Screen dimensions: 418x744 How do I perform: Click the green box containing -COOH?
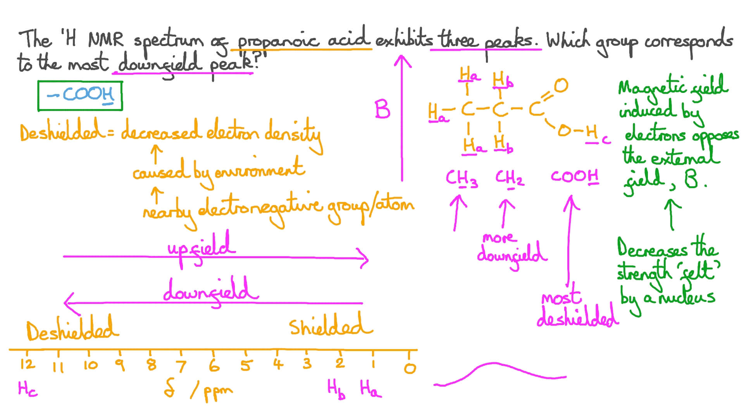[80, 96]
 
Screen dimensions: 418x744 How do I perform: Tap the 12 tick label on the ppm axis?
[27, 364]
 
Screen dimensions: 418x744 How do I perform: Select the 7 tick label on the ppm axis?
[181, 366]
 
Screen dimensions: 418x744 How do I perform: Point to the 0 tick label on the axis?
[410, 368]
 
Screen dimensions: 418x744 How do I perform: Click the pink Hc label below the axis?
[28, 389]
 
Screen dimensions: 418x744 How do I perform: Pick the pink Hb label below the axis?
[336, 388]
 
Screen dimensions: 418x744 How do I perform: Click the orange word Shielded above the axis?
[330, 326]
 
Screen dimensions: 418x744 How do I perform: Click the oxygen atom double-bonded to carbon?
[561, 86]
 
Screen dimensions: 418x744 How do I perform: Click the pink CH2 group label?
[509, 178]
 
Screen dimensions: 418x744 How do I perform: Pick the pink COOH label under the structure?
[575, 177]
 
